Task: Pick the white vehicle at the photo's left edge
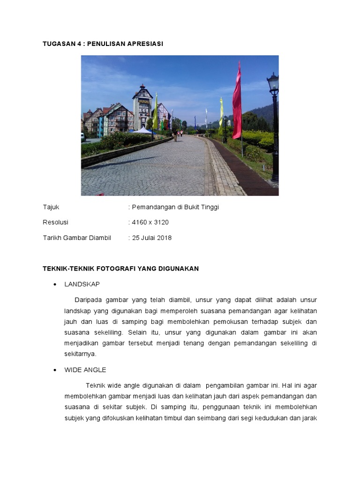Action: point(83,136)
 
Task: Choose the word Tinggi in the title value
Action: point(209,207)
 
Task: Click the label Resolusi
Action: point(55,222)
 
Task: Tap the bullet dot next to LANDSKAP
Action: point(55,285)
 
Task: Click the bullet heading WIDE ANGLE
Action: point(85,370)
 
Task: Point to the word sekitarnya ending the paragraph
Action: point(80,354)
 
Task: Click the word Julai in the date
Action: point(149,238)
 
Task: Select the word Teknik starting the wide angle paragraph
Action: point(96,385)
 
